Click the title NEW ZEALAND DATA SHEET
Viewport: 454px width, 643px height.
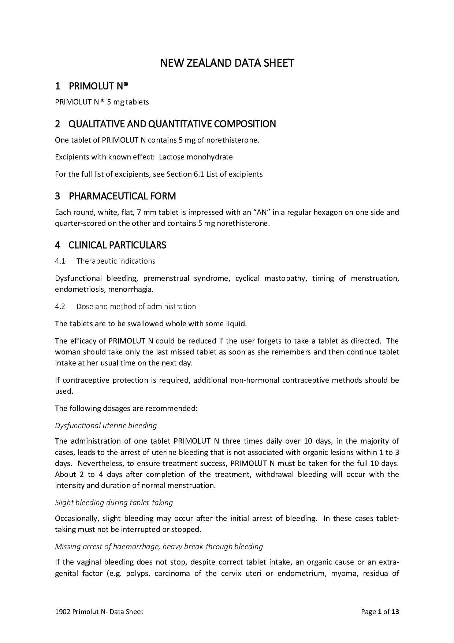(227, 63)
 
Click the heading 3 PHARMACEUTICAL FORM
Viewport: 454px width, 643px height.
(115, 196)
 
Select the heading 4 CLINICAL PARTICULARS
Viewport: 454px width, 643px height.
(111, 245)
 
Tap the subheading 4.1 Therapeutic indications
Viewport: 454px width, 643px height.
(105, 261)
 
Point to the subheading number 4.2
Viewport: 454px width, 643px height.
(60, 306)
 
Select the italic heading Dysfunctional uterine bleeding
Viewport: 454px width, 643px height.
(106, 426)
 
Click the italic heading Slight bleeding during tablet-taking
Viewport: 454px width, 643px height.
(114, 503)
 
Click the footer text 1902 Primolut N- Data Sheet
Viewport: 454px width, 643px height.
(99, 611)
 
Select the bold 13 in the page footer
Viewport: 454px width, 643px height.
(395, 611)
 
